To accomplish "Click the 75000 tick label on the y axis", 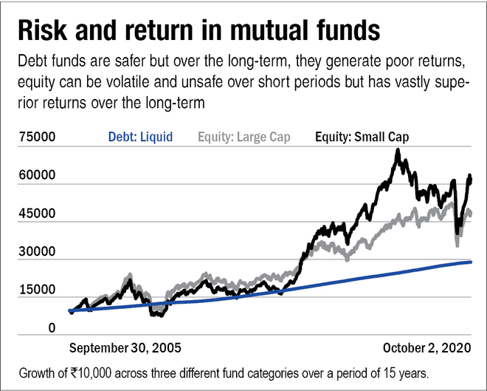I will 36,137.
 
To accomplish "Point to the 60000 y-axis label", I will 36,176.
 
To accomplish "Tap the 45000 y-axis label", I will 36,214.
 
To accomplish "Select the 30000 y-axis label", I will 36,252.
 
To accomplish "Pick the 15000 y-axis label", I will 36,290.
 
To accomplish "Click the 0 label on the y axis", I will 51,328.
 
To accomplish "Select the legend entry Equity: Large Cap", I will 244,137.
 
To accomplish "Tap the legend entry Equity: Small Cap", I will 362,137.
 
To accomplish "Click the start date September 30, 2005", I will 125,347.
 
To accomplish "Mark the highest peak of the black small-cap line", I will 398,151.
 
